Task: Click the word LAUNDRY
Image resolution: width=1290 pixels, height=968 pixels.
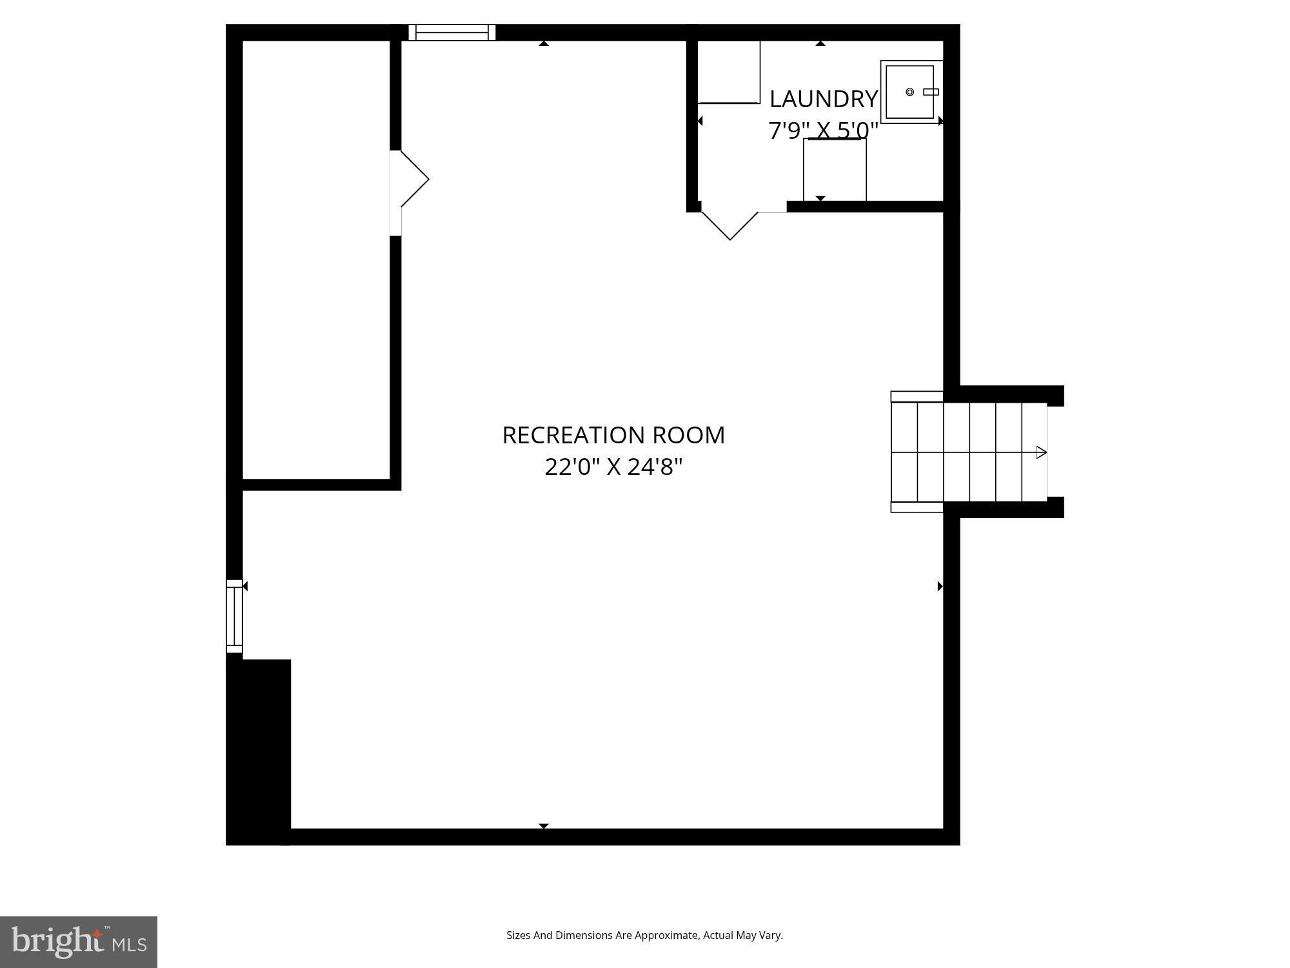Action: (x=823, y=99)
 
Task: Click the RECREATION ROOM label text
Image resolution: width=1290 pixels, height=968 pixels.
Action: (x=613, y=435)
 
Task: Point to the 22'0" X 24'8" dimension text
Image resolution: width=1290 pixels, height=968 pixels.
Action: (x=613, y=467)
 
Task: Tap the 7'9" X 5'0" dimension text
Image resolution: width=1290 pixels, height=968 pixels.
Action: (x=823, y=130)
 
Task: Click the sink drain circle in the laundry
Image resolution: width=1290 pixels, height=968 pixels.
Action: (x=909, y=92)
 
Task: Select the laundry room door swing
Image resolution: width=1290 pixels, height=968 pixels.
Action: (x=730, y=225)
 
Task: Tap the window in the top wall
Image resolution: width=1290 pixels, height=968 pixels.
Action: (x=451, y=32)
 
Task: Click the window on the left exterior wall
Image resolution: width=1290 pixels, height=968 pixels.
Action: (x=234, y=616)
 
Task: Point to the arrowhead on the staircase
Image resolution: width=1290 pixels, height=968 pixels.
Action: (x=1041, y=452)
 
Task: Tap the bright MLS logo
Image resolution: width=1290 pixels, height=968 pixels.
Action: (x=79, y=942)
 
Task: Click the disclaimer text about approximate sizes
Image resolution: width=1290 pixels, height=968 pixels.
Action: (x=644, y=935)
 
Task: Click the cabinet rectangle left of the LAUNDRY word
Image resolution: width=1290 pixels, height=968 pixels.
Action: (x=729, y=72)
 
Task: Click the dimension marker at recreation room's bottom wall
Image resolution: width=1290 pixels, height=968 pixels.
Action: (x=544, y=826)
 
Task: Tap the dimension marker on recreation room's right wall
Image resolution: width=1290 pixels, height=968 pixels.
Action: (x=940, y=586)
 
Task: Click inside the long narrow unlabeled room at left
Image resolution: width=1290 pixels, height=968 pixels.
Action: (x=316, y=258)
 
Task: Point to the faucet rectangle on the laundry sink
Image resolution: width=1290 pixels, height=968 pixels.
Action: (x=930, y=92)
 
